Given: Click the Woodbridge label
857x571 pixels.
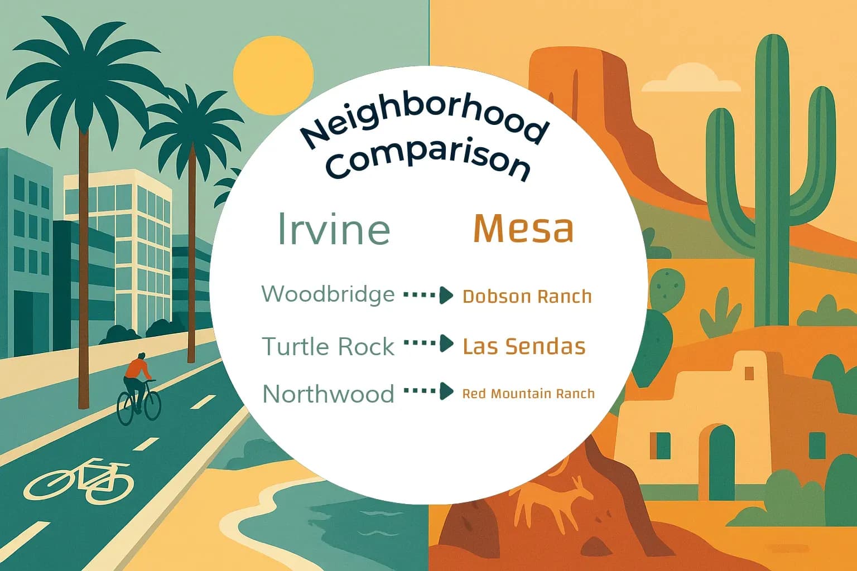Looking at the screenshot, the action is tap(328, 294).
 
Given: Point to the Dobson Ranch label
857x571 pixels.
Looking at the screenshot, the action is tap(527, 296).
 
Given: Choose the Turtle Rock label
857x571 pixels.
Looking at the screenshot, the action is tap(328, 347).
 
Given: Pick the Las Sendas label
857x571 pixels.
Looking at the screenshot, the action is tap(524, 346).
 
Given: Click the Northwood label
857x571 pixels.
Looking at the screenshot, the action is tap(328, 394).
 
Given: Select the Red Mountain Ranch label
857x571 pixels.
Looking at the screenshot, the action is tap(528, 394).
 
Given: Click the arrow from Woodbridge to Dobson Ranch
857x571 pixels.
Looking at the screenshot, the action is tap(428, 295).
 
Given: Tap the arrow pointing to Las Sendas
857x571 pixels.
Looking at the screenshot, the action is tap(428, 343).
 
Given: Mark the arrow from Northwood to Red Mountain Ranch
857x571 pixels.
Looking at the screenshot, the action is tap(428, 391).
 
